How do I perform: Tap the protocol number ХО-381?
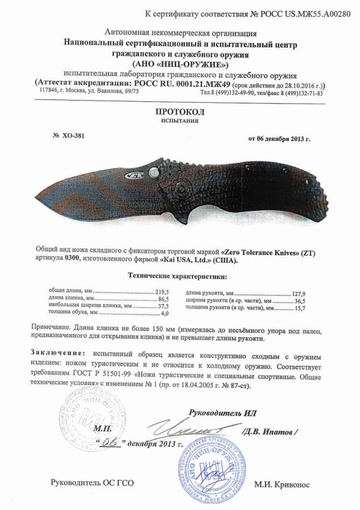(71, 135)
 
